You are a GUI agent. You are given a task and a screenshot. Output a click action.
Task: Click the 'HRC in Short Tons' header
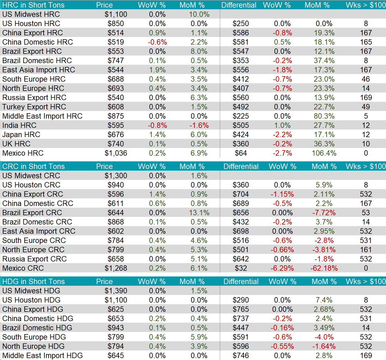[33, 5]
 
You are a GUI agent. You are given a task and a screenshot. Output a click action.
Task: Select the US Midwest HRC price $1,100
[116, 14]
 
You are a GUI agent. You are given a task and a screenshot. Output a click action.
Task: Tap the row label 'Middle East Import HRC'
[42, 116]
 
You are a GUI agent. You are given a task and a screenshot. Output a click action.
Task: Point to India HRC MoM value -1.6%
[199, 125]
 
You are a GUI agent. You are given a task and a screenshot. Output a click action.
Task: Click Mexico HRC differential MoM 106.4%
[324, 153]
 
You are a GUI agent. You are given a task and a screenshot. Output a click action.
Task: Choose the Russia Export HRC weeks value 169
[366, 97]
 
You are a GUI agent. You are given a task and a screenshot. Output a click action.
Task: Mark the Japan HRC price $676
[116, 134]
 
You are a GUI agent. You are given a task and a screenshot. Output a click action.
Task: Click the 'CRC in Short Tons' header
[33, 166]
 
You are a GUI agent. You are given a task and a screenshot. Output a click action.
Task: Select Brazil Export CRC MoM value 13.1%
[199, 213]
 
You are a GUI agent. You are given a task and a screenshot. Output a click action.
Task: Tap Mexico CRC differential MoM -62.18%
[324, 268]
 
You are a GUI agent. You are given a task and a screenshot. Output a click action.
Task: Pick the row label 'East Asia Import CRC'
[39, 231]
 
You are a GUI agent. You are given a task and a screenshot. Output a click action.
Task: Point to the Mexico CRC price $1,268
[116, 268]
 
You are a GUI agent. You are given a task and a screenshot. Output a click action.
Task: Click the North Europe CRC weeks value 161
[366, 250]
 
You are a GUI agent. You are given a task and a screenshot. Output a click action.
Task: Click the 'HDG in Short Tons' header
[33, 281]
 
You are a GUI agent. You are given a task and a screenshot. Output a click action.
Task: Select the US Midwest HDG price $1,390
[116, 291]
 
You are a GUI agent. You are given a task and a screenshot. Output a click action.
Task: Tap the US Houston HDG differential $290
[241, 300]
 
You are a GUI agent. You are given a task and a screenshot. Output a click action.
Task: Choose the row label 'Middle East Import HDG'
[42, 355]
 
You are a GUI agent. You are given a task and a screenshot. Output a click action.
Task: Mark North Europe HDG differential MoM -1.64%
[324, 346]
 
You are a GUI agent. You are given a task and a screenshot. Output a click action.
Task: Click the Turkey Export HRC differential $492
[241, 107]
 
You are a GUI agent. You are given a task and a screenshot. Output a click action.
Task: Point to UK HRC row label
[16, 144]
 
